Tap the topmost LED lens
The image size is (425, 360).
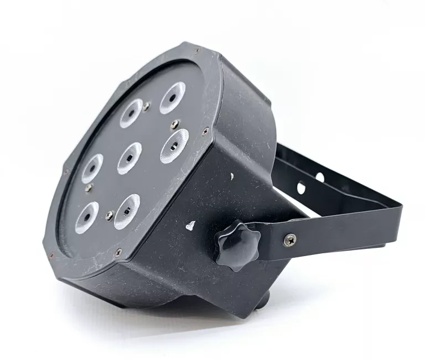172,97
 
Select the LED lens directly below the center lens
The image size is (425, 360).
126,211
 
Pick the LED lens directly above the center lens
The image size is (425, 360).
131,113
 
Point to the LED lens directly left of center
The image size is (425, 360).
92,168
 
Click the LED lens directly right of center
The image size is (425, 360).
174,145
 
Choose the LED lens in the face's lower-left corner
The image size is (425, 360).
87,217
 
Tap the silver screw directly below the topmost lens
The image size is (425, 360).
175,124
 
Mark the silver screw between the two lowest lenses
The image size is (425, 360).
110,215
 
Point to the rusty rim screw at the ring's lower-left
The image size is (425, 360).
51,255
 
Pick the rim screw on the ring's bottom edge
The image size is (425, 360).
118,252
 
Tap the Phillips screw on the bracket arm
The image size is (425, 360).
289,239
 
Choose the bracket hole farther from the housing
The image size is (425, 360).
319,177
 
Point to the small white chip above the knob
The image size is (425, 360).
232,176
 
